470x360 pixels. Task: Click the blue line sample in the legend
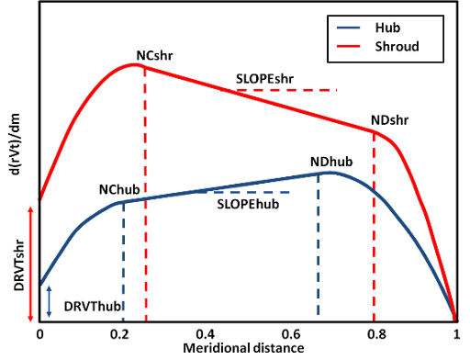point(349,28)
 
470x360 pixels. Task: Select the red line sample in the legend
point(349,45)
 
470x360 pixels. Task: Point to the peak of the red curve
point(135,64)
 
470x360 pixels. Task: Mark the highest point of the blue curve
point(330,172)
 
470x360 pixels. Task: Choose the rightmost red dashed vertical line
point(374,230)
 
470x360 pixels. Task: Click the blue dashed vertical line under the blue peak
point(318,248)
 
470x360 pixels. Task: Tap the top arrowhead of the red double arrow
point(30,209)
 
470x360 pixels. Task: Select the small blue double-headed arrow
point(49,301)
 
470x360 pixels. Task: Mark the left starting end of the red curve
point(39,197)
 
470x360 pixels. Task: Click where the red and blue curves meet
point(455,318)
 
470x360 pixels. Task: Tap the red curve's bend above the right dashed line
point(375,132)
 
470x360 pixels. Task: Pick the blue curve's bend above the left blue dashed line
point(123,202)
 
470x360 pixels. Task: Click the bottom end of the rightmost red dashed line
point(374,319)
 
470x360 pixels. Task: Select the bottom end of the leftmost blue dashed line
point(123,319)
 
